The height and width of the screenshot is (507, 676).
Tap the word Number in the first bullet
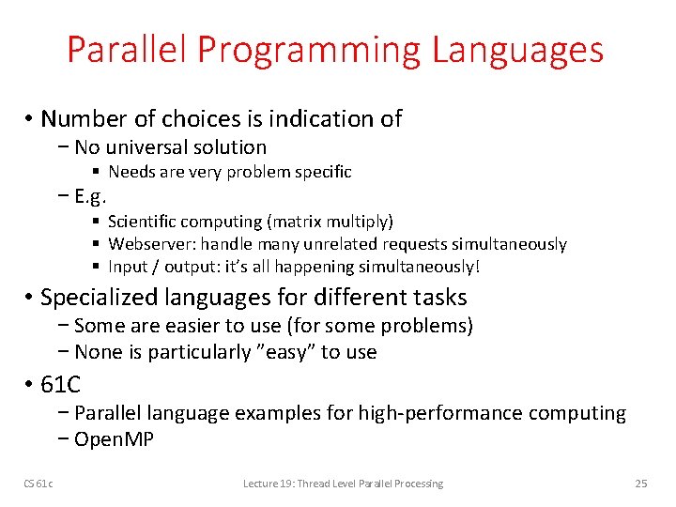[77, 119]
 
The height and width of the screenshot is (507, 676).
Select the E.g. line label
[91, 197]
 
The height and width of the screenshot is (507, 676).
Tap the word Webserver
[146, 244]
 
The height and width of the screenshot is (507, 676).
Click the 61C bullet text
[61, 384]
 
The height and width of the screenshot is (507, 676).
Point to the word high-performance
[441, 413]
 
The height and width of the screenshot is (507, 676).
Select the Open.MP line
[114, 438]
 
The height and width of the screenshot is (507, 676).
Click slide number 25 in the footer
[641, 484]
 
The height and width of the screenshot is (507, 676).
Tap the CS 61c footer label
[39, 484]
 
